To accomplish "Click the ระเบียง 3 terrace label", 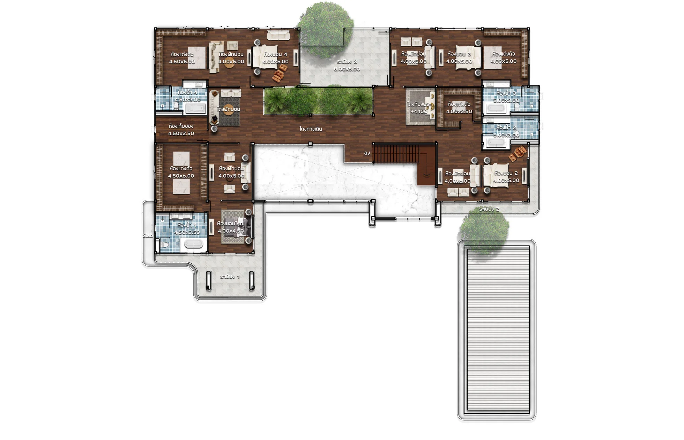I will click(347, 62).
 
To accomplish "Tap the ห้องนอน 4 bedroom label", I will click(275, 54).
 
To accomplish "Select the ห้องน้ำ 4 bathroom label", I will click(187, 93).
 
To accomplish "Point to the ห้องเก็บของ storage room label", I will click(181, 126).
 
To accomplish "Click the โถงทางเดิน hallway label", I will click(311, 129).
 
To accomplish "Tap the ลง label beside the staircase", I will click(367, 153).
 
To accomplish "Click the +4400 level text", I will click(419, 111).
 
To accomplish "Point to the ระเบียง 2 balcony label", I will click(489, 209).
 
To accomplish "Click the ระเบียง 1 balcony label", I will click(230, 277).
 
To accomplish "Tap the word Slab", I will click(148, 235).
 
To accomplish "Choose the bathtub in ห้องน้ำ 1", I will click(193, 244).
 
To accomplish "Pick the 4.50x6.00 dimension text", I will click(181, 176).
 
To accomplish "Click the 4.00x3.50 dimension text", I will click(459, 111).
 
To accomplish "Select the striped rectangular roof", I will click(497, 328).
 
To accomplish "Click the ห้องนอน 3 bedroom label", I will click(459, 54).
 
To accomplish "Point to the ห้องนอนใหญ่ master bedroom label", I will click(231, 223).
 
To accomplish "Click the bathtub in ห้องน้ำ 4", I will click(195, 109).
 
